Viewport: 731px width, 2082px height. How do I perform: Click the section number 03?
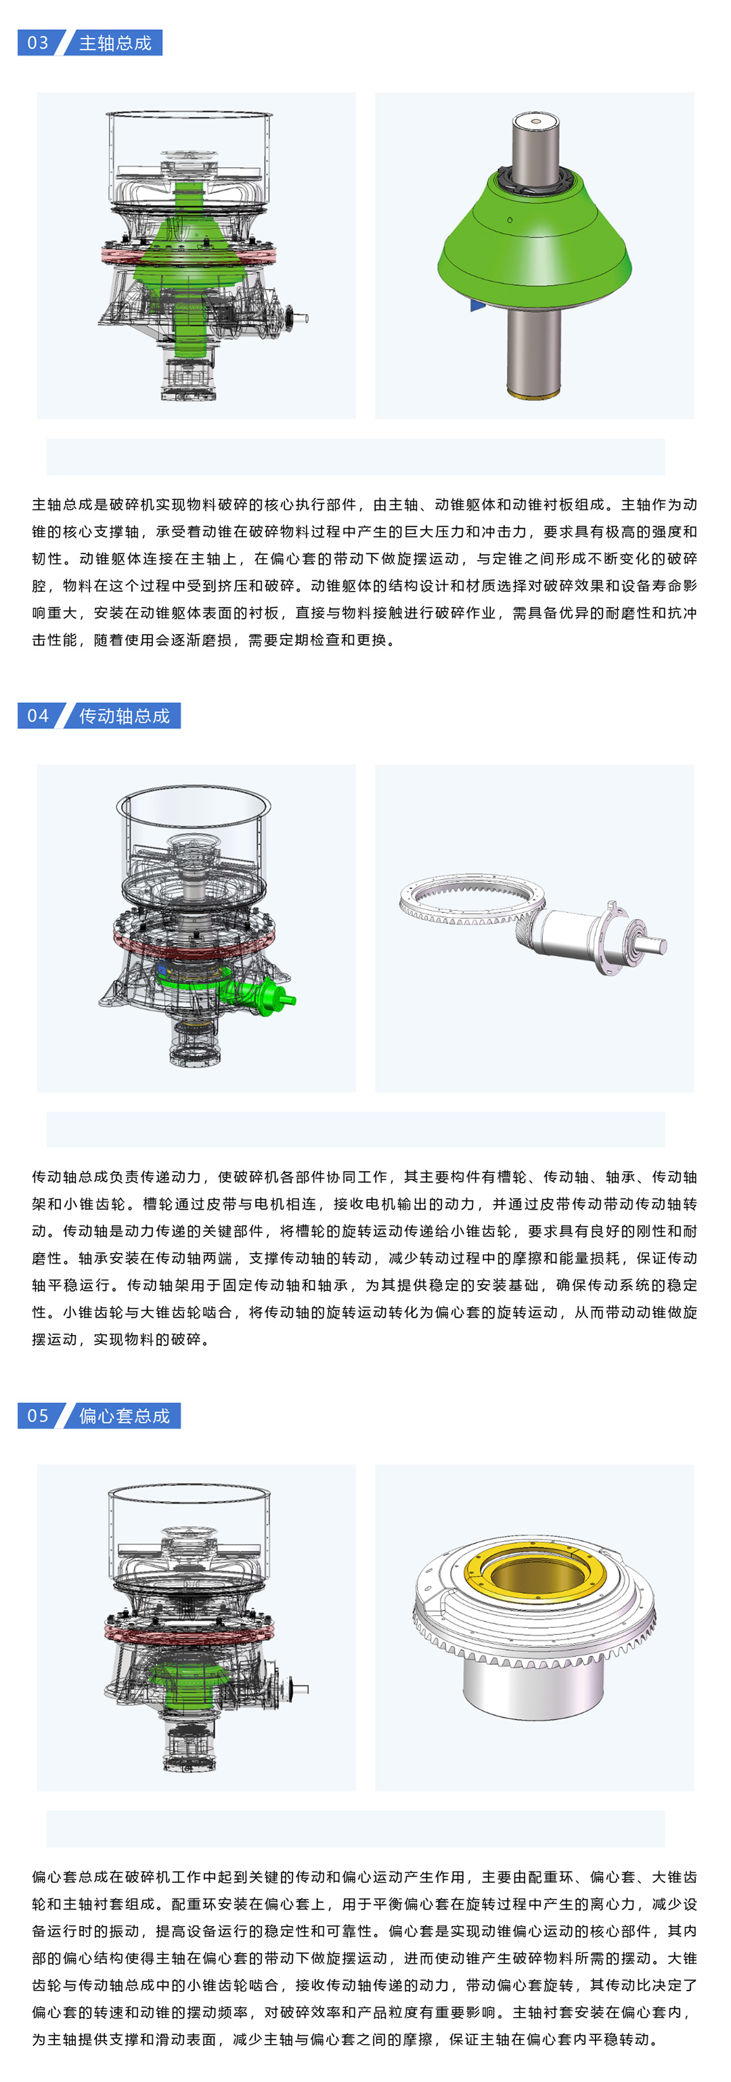coord(38,43)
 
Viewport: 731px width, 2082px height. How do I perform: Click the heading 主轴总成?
coord(116,43)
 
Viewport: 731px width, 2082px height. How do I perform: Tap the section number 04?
coord(38,715)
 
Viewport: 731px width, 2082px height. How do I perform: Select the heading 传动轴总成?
coord(125,715)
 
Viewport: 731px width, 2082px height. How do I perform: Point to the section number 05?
coord(38,1416)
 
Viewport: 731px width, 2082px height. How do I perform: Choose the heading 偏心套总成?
coord(125,1416)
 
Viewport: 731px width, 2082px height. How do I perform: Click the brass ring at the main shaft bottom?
coord(534,394)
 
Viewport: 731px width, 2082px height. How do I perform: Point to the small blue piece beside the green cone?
coord(477,305)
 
